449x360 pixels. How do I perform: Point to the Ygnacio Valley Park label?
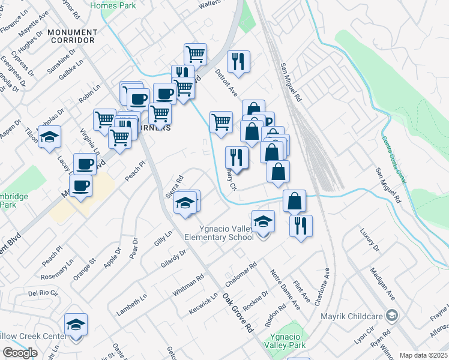click(288, 340)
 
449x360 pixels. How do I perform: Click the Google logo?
click(20, 353)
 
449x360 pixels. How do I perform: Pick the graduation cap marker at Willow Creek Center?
click(76, 325)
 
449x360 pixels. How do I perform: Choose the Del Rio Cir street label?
click(43, 294)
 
